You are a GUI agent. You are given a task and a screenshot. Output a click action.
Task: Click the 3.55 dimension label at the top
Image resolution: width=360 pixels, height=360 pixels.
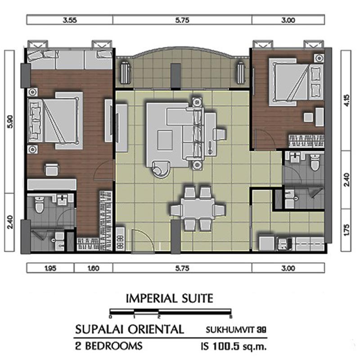point(70,20)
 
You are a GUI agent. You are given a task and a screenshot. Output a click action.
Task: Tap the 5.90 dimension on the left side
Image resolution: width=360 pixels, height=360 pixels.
point(10,121)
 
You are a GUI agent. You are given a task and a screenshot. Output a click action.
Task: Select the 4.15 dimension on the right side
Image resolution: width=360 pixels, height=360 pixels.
point(346,100)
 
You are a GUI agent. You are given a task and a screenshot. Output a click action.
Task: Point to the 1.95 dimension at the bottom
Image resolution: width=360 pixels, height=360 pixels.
point(50,268)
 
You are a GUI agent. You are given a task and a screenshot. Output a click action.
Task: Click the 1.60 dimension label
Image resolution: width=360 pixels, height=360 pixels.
point(94,268)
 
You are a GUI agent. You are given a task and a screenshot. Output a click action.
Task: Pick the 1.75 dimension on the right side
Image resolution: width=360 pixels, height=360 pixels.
point(346,229)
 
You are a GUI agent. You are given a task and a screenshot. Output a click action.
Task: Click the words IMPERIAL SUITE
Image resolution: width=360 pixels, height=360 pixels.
point(170,298)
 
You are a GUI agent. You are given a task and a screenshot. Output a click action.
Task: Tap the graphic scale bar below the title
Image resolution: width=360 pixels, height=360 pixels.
point(171,311)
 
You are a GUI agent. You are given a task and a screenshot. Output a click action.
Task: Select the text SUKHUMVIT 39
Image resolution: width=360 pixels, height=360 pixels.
point(236,330)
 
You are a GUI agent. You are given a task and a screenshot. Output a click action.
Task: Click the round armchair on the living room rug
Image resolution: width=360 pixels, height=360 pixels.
point(161,169)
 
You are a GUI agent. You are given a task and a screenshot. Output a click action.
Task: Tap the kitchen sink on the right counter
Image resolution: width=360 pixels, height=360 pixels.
point(285,244)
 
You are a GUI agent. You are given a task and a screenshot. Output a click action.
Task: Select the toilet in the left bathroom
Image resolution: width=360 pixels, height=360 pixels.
point(39,205)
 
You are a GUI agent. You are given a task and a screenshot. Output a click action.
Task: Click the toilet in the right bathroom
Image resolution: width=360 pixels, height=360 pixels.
point(315,162)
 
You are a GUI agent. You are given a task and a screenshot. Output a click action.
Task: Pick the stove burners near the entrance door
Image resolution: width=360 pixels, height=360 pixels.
point(120,242)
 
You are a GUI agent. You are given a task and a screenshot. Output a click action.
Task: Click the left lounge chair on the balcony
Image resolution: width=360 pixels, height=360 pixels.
point(126,72)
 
